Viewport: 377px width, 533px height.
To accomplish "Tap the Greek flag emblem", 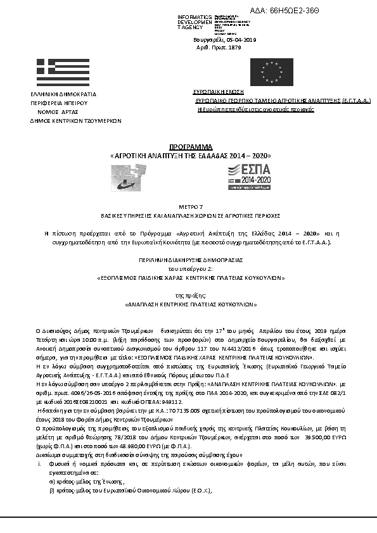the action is [x=58, y=73].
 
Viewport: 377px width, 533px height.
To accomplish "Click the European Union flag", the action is [x=273, y=73].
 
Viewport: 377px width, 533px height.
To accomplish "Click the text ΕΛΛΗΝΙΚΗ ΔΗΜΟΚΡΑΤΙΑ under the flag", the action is [x=58, y=94].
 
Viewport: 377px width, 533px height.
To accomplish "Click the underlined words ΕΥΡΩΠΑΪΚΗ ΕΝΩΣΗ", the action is [x=218, y=92].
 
